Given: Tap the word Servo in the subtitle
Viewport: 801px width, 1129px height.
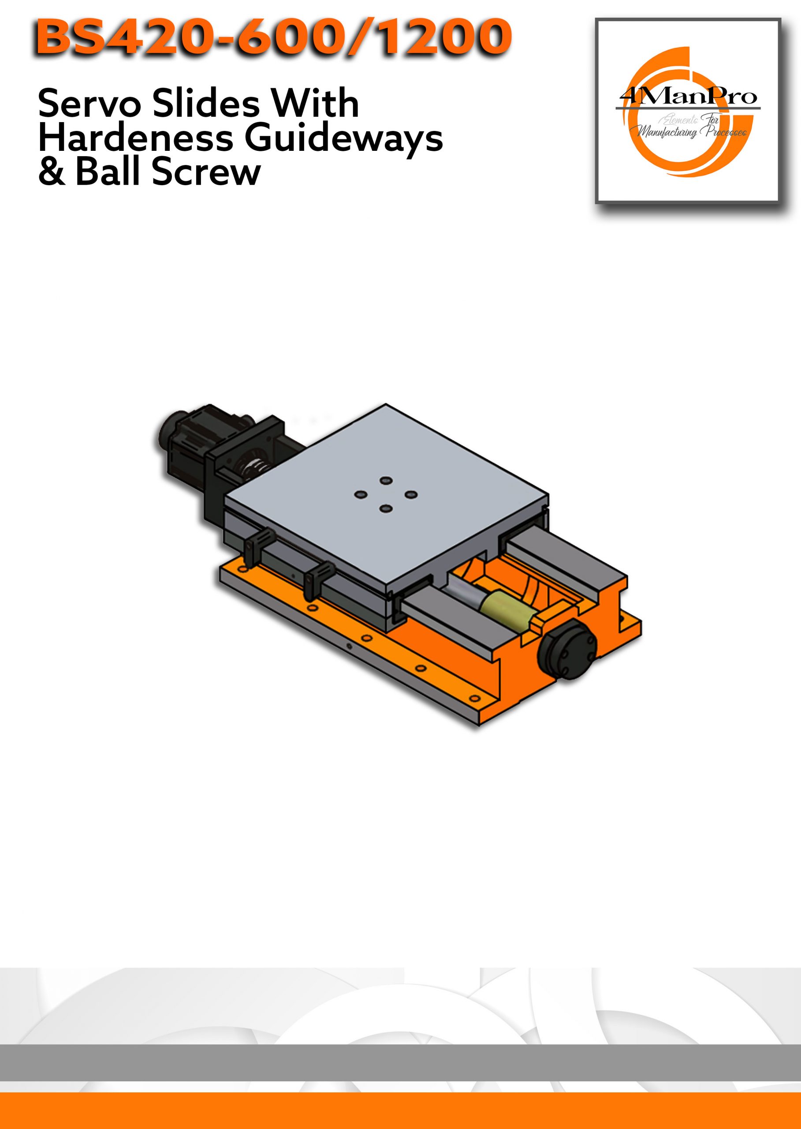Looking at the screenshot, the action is pyautogui.click(x=91, y=104).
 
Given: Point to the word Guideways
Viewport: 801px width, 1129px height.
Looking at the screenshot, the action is pyautogui.click(x=343, y=140).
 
